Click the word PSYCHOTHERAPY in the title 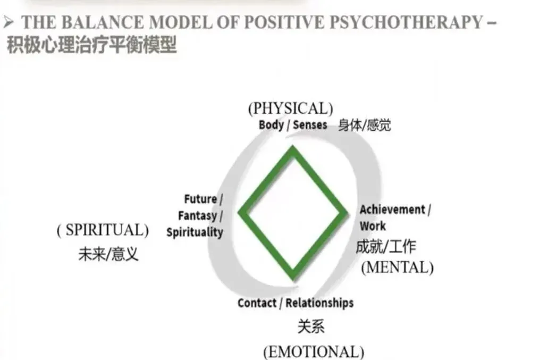[424, 22]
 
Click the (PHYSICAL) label [290, 108]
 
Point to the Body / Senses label [292, 125]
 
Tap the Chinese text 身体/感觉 [364, 125]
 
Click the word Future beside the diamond [201, 199]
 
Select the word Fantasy [198, 216]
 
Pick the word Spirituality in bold [195, 232]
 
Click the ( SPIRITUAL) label [103, 230]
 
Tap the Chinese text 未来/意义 [108, 254]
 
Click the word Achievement [392, 210]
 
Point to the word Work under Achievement [373, 226]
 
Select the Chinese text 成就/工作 [385, 247]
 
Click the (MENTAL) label [397, 266]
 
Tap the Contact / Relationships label [296, 303]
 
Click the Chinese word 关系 [310, 326]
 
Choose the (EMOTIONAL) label [314, 351]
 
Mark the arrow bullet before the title [7, 22]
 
